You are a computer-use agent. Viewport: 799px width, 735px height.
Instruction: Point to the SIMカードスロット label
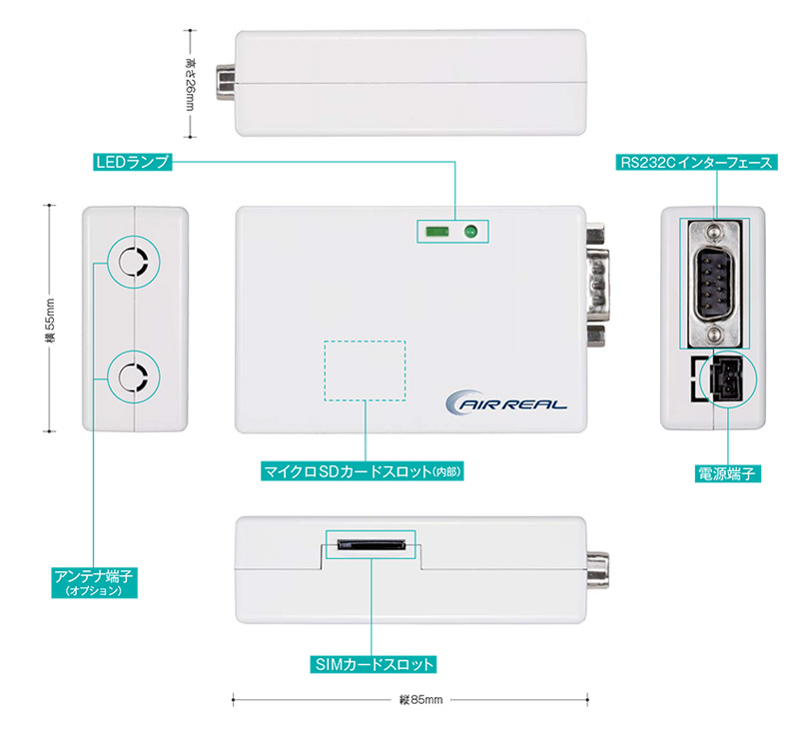pyautogui.click(x=372, y=663)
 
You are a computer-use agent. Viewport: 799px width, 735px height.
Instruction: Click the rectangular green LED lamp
pyautogui.click(x=435, y=233)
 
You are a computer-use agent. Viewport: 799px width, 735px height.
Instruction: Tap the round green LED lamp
pyautogui.click(x=470, y=233)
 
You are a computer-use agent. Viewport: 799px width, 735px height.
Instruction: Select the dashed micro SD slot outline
pyautogui.click(x=365, y=371)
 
